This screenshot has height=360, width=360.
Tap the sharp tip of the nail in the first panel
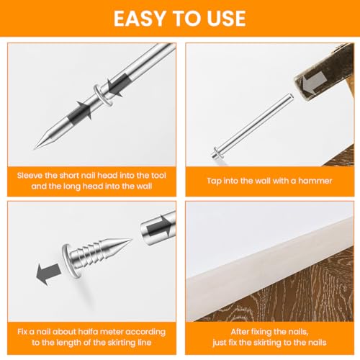(35, 148)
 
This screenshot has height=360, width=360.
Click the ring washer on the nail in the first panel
(104, 95)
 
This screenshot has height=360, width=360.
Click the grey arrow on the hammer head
(312, 82)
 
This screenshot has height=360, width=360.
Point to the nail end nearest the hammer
(290, 96)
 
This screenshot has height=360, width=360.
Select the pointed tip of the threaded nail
(131, 239)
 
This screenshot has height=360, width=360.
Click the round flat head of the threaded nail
(71, 261)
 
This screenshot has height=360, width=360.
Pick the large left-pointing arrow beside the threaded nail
(48, 273)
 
